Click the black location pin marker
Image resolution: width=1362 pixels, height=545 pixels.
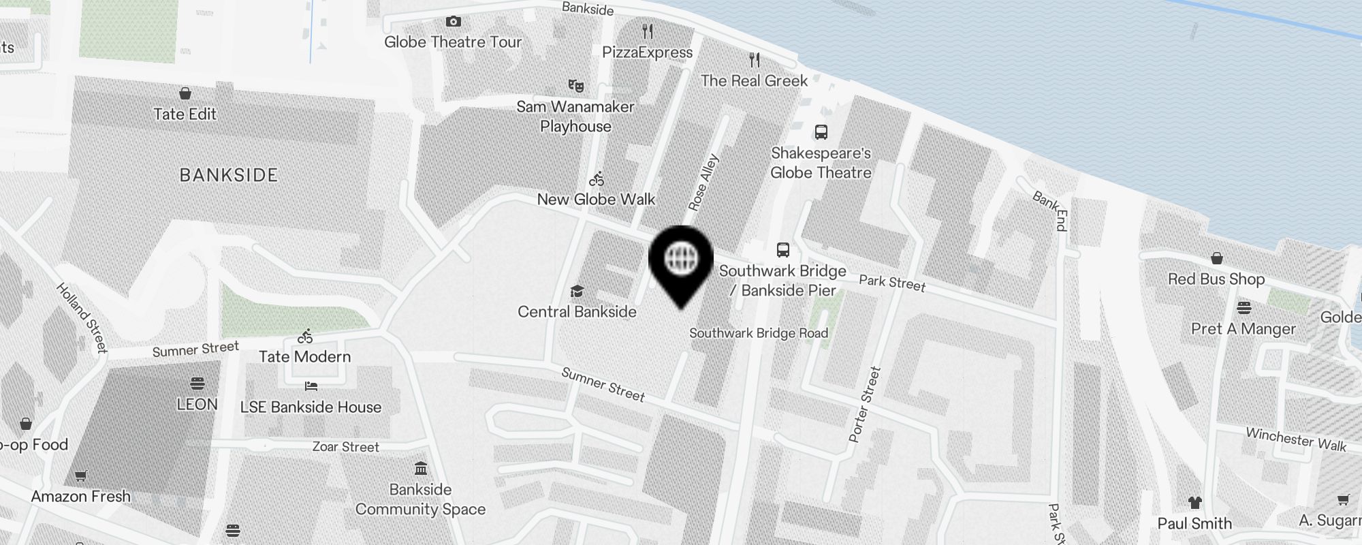(680, 262)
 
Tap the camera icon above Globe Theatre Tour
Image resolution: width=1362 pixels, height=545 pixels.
(453, 22)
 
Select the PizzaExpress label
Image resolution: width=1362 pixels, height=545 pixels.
(647, 52)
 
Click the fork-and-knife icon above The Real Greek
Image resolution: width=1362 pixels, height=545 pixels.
(754, 60)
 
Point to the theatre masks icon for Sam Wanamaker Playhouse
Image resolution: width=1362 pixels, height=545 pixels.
(576, 86)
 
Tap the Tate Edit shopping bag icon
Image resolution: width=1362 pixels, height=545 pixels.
(185, 93)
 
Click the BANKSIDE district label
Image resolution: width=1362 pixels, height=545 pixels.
(229, 175)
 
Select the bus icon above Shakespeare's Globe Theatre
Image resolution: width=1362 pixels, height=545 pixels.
(821, 132)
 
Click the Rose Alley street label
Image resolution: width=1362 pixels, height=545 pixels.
(703, 183)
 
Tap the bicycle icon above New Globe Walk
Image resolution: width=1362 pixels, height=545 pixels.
(597, 179)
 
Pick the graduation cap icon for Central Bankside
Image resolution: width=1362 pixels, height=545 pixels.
(577, 292)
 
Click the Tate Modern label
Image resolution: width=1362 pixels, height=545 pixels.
(304, 356)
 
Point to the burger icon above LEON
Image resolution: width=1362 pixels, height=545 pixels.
(197, 384)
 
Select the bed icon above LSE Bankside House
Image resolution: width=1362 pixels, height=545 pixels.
(311, 386)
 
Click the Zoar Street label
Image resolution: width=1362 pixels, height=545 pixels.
(345, 447)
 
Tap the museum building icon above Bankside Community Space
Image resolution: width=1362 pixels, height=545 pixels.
(421, 469)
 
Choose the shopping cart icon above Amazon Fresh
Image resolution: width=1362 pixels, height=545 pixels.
(80, 476)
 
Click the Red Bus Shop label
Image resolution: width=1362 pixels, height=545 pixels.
(1216, 279)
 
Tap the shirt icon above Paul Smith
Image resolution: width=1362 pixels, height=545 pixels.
(1194, 503)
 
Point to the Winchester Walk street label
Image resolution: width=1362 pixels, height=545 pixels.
(1296, 439)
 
